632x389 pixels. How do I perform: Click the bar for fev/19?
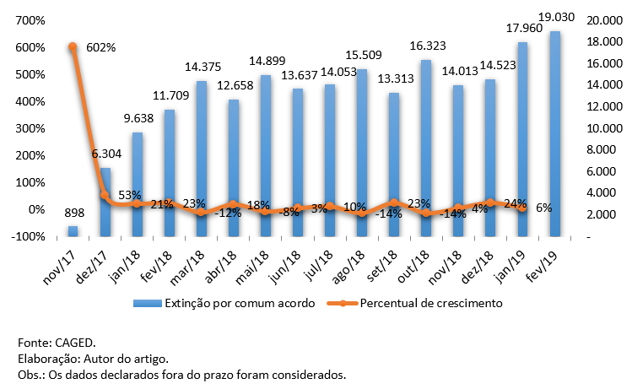click(554, 135)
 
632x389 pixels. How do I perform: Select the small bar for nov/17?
click(73, 230)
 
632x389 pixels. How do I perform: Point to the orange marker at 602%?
click(73, 47)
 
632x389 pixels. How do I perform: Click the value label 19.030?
click(555, 16)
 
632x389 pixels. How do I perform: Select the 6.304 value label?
click(105, 154)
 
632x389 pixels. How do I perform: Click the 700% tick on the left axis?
click(30, 20)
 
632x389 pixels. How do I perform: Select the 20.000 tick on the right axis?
click(602, 20)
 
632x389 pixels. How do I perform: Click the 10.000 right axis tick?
click(602, 128)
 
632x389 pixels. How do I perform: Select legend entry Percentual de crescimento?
click(431, 303)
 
